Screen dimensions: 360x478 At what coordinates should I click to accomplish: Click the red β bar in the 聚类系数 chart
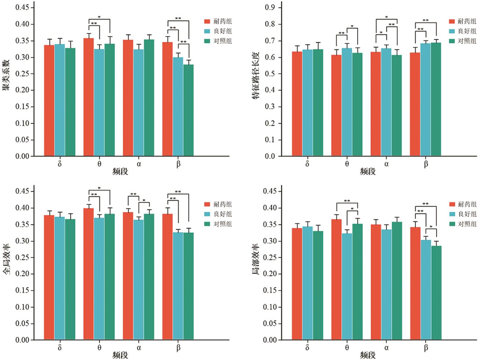coord(167,99)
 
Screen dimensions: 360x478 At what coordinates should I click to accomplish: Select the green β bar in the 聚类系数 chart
coord(188,110)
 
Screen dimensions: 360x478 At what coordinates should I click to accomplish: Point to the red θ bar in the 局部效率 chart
coord(336,279)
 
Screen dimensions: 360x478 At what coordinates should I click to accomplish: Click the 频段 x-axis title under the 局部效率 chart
coord(368,355)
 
